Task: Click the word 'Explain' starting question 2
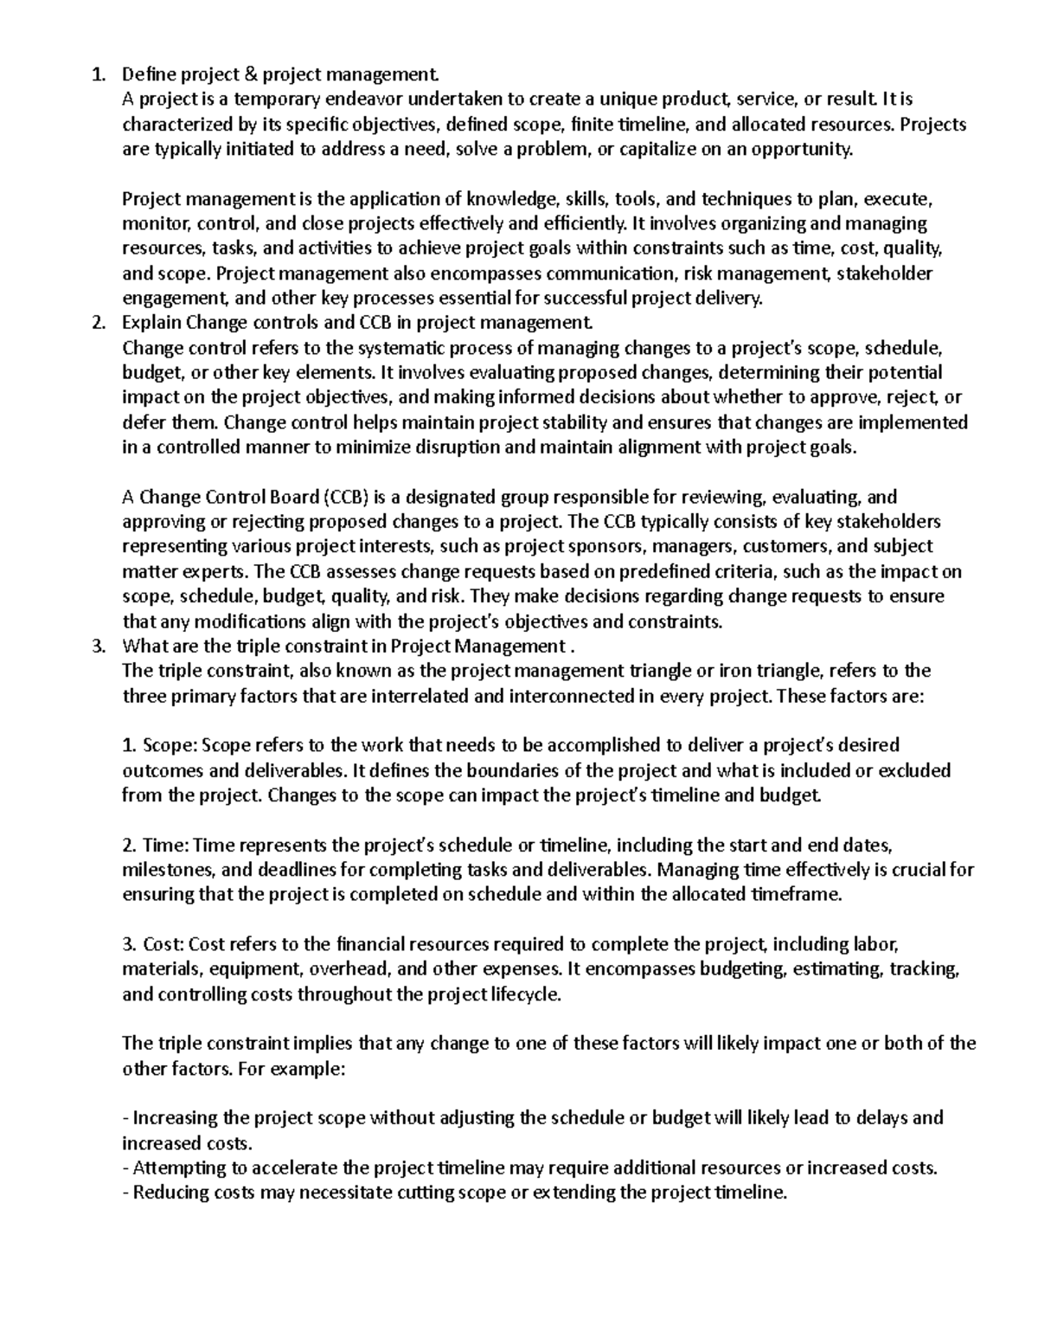[x=151, y=324]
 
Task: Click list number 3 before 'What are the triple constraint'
[x=97, y=646]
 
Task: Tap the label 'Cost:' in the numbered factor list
[x=163, y=944]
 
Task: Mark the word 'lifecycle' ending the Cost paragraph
[x=524, y=994]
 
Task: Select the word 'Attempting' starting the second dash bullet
[x=176, y=1168]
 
